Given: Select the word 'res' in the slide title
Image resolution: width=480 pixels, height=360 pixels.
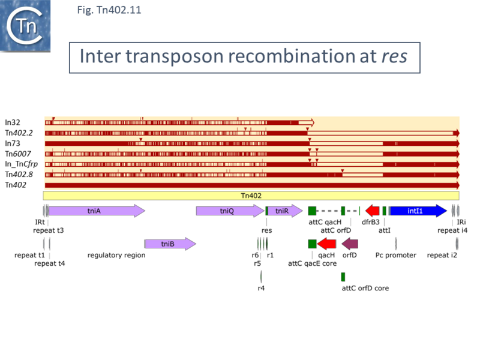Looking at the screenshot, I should click(x=394, y=56).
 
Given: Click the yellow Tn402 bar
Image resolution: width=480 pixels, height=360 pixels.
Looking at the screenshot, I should click(x=251, y=196).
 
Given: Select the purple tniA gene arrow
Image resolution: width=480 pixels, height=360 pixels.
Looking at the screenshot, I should click(x=96, y=211).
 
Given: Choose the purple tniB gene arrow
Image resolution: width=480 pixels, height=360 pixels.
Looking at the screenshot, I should click(x=170, y=244).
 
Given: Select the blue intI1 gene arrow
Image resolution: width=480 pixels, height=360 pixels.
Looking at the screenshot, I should click(x=418, y=211).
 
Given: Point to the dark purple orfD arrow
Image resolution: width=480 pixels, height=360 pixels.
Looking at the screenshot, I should click(x=350, y=244).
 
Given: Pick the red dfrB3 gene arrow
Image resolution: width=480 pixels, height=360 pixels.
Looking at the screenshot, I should click(x=372, y=211).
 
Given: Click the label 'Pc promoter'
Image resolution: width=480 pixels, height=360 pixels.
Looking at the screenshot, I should click(x=396, y=255).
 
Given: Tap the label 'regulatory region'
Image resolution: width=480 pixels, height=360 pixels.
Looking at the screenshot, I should click(x=116, y=255).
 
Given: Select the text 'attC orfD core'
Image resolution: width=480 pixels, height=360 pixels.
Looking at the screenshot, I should click(x=365, y=288).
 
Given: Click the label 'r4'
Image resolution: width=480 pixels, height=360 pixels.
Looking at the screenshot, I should click(x=261, y=288).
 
